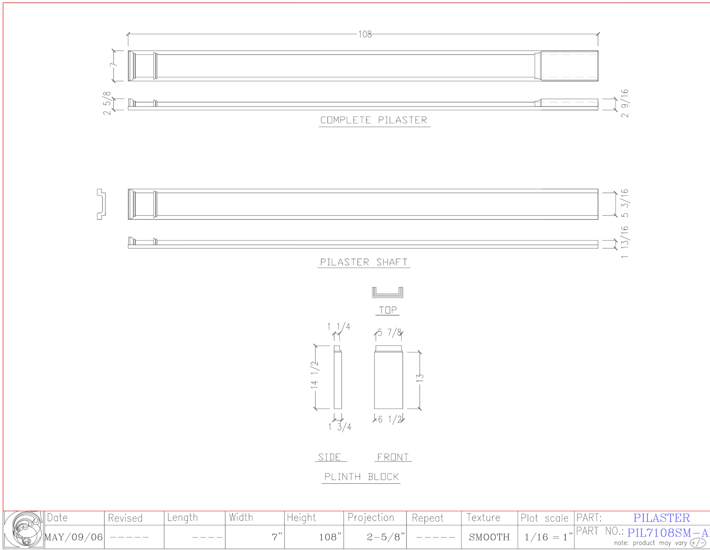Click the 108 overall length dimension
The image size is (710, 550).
coord(365,34)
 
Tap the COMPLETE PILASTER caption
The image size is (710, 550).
coord(374,120)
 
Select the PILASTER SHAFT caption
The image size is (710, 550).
coord(364,262)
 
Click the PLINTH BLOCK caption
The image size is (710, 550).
coord(361,477)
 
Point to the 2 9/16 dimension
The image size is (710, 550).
coord(625,103)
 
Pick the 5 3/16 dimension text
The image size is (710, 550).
coord(625,203)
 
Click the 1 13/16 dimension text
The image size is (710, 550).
coord(625,243)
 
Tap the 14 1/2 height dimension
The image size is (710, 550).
coord(315,375)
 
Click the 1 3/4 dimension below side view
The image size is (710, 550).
coord(340,427)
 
